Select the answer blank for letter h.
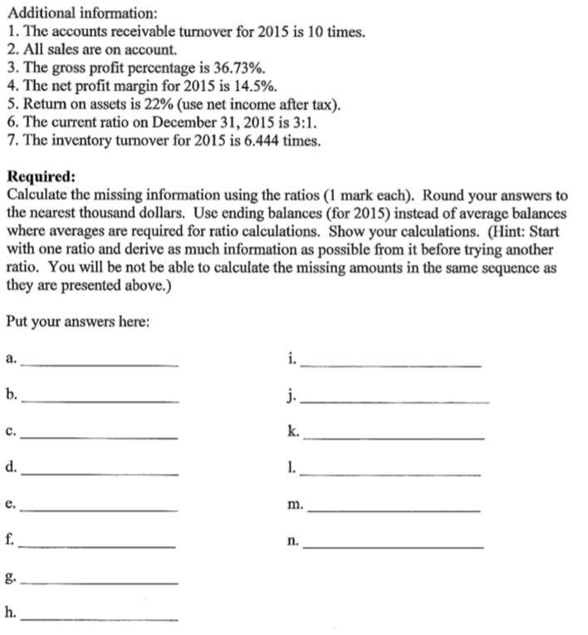click(99, 618)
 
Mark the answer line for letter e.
click(99, 509)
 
